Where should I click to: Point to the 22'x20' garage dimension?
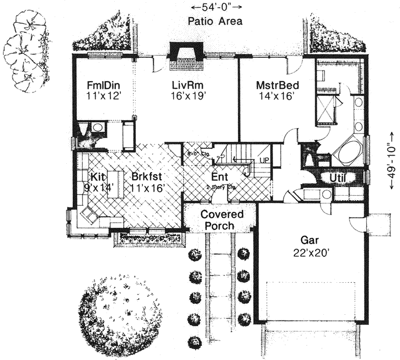(312, 253)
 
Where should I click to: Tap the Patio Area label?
(215, 22)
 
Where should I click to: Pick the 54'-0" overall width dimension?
(216, 7)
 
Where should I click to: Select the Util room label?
(338, 178)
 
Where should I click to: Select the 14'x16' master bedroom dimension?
(278, 96)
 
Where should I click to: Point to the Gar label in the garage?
(310, 241)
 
